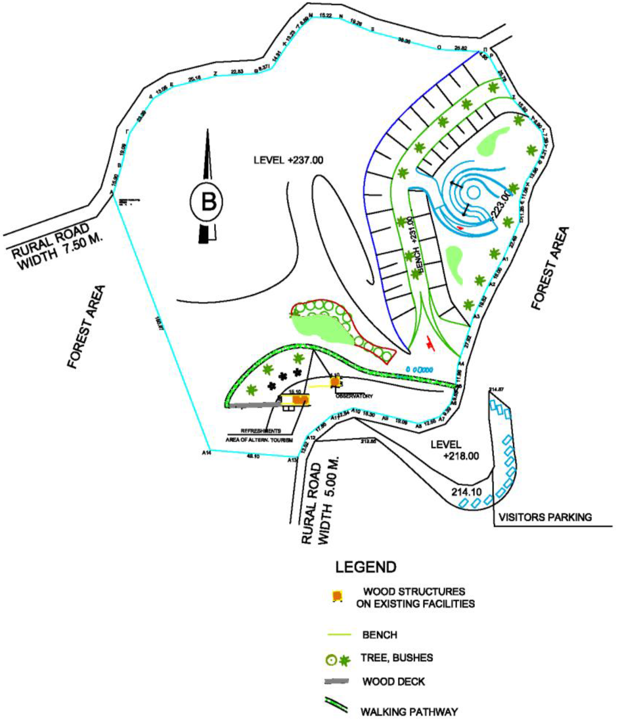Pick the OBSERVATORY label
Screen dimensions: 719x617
(x=354, y=396)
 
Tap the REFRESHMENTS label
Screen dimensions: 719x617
(x=260, y=431)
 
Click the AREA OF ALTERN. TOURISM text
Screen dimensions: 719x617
(x=259, y=440)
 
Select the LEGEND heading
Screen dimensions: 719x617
(x=366, y=567)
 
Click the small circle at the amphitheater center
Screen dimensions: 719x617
(x=473, y=192)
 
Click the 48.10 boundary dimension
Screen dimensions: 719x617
(x=253, y=456)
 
